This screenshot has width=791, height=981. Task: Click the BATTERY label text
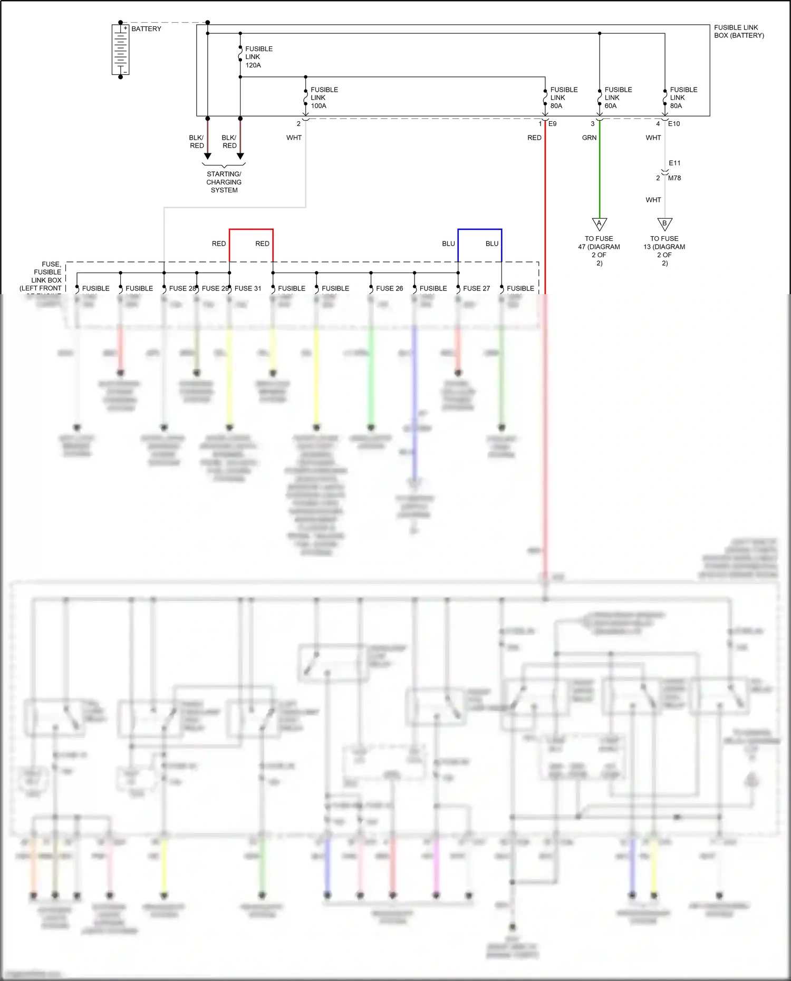[x=146, y=29]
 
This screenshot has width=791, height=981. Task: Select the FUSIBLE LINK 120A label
[x=258, y=57]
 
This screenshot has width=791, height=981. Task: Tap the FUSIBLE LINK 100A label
[x=324, y=98]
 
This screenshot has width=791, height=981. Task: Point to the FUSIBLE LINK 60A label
[x=618, y=98]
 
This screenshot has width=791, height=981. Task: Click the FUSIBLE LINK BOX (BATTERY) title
[x=738, y=32]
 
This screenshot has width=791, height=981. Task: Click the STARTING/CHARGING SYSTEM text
[x=224, y=182]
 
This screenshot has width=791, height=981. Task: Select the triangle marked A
[x=599, y=224]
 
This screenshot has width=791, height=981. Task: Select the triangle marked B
[x=664, y=224]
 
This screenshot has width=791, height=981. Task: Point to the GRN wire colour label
[x=589, y=138]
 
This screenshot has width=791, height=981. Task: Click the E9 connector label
[x=552, y=124]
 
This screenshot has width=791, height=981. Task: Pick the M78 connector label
[x=674, y=178]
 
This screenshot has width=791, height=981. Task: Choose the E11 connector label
[x=674, y=163]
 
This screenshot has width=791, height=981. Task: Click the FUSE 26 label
[x=389, y=288]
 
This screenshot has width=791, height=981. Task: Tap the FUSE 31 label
[x=247, y=288]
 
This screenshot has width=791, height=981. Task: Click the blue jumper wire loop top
[x=479, y=229]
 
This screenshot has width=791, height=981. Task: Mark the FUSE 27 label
[x=476, y=288]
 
